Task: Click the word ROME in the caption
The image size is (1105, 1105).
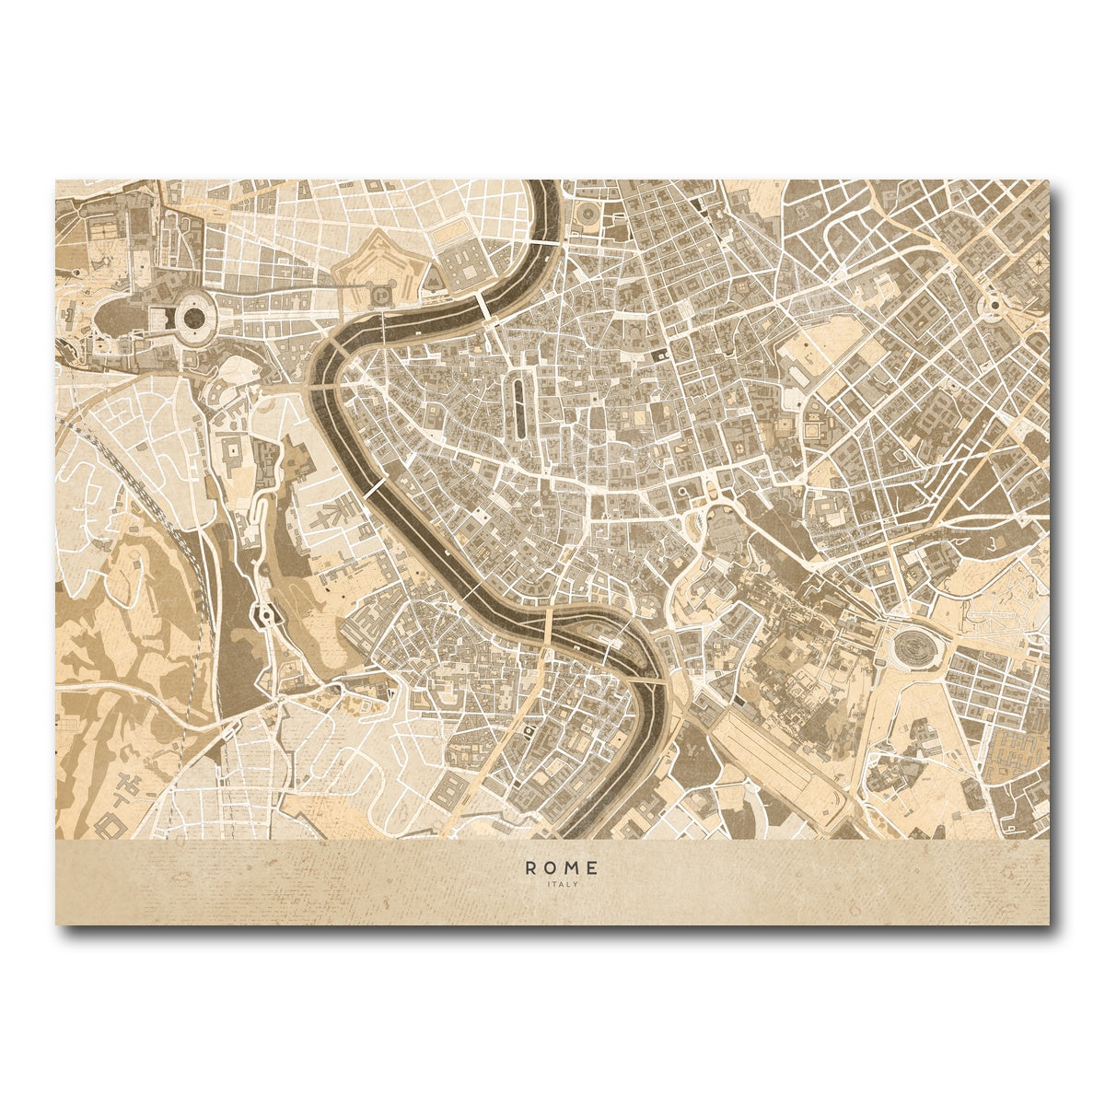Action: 562,867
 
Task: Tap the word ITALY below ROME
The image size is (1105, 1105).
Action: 561,885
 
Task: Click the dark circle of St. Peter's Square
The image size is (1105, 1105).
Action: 195,318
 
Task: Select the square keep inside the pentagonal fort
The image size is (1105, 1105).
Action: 380,292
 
